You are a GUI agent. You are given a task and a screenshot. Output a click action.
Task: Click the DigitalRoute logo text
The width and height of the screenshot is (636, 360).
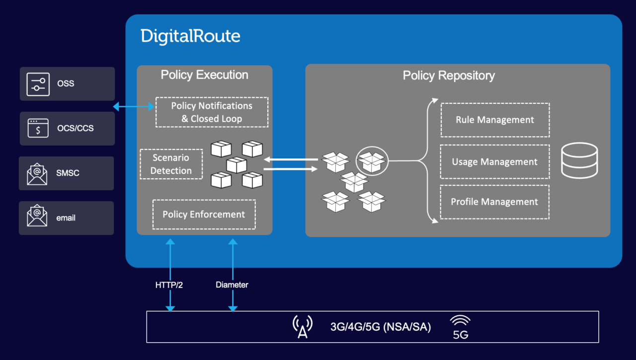(x=190, y=36)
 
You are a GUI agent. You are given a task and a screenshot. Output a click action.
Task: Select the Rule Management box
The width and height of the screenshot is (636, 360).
(x=495, y=120)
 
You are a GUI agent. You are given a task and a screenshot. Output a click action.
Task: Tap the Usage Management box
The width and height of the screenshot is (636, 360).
(x=495, y=162)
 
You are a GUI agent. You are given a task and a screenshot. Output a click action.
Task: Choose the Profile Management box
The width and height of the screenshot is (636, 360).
(x=495, y=202)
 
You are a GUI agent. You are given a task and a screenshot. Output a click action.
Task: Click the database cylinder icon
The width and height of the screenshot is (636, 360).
(x=579, y=160)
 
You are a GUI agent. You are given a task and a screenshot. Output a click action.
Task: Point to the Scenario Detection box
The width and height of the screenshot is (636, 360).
(x=171, y=164)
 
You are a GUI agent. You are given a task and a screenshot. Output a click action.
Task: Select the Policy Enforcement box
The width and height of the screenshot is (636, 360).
(x=204, y=215)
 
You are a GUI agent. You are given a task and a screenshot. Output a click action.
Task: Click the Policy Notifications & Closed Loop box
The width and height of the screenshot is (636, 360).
(x=212, y=112)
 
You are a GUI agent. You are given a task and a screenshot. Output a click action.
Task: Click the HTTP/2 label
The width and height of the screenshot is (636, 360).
(x=169, y=285)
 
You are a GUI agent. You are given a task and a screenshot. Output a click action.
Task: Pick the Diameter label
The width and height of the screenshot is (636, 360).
(x=232, y=285)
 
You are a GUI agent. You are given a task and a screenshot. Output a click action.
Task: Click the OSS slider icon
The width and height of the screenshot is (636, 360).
(x=38, y=84)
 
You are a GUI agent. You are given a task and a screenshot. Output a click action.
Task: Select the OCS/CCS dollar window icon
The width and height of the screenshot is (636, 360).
(x=38, y=128)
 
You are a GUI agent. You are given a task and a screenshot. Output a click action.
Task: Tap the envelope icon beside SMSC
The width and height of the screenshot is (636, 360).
(x=37, y=173)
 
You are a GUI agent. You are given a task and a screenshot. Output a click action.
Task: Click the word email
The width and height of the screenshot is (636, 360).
(x=66, y=218)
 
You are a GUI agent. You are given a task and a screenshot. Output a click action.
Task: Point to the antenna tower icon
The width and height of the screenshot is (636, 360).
(x=302, y=327)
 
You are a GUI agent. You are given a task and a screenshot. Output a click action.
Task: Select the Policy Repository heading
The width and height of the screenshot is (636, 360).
(x=449, y=75)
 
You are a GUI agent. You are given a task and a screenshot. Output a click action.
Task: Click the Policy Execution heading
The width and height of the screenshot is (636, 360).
(x=204, y=75)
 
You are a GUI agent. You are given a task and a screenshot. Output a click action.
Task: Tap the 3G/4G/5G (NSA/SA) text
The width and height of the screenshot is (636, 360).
(x=381, y=327)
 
